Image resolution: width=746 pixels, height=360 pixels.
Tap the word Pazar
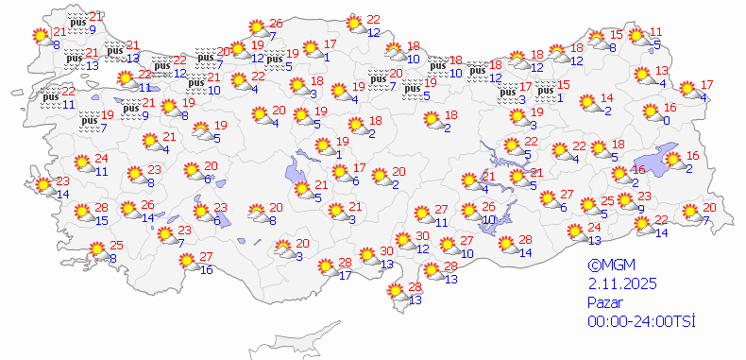(605, 303)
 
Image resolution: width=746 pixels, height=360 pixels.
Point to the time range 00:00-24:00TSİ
(640, 322)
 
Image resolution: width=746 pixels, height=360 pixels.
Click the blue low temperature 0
(666, 120)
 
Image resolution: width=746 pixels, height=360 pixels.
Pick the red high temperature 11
(657, 32)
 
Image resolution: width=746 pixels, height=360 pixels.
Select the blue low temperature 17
(346, 275)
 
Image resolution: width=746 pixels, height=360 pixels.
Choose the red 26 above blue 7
(276, 24)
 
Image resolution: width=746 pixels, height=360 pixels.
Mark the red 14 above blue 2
(607, 98)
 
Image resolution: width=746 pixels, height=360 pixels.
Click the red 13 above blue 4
(662, 71)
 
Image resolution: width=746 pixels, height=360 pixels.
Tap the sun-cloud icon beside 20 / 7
(692, 212)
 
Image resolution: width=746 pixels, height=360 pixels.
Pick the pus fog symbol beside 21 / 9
(77, 20)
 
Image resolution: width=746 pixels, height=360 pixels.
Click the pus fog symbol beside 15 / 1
(545, 91)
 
